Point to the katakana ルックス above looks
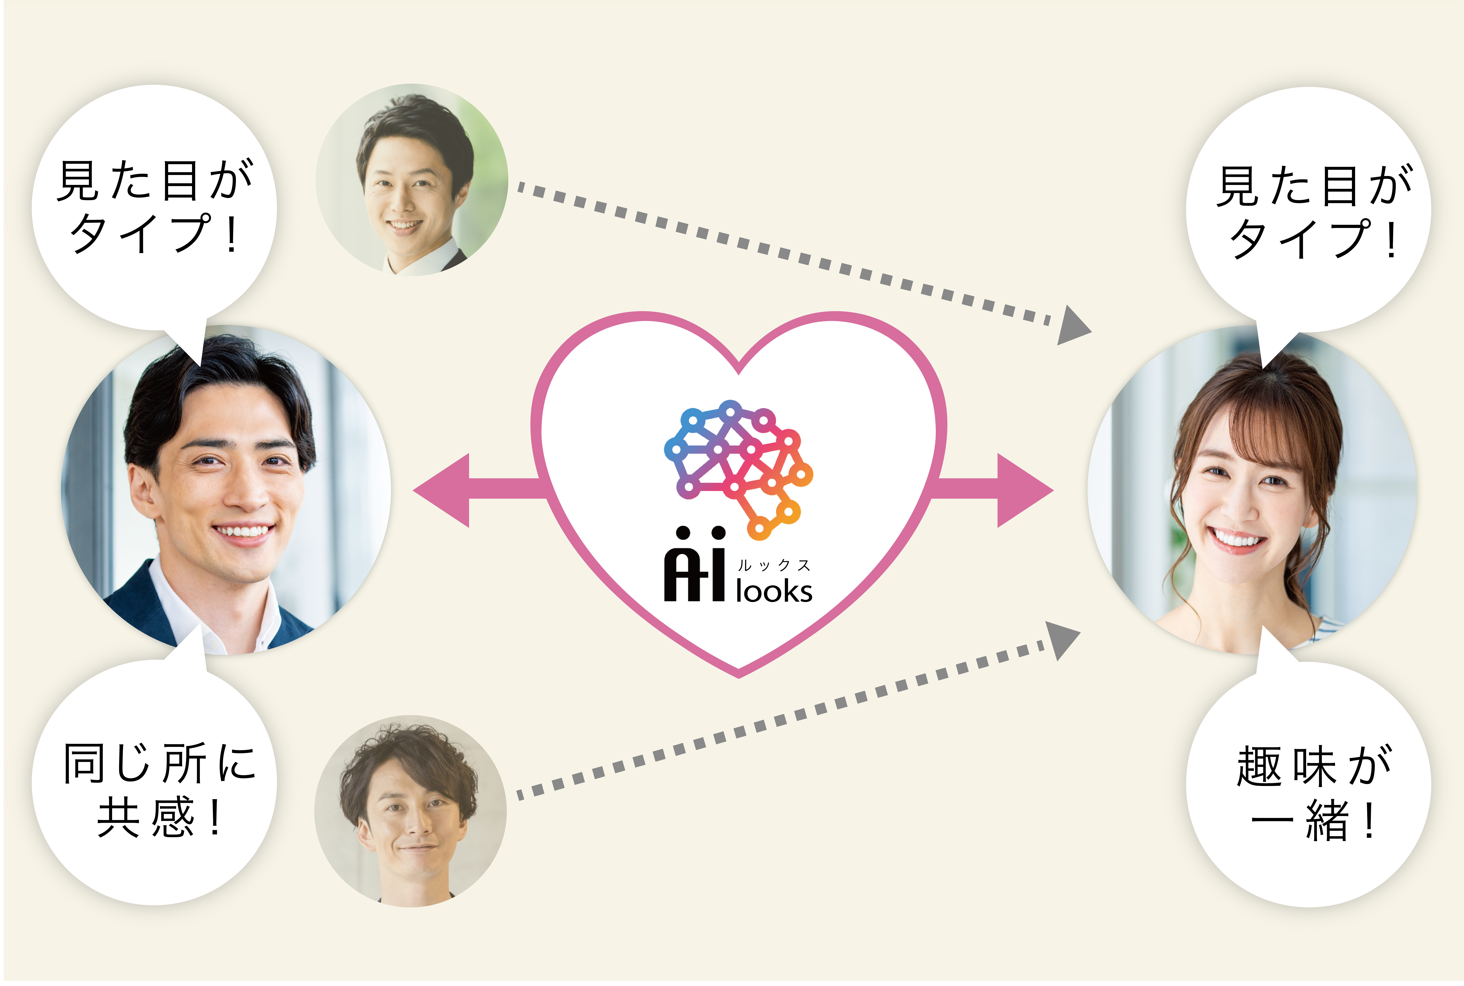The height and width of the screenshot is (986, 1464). (x=774, y=565)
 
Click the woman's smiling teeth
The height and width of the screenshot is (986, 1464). (x=1236, y=539)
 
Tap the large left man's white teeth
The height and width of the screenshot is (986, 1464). (x=243, y=531)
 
